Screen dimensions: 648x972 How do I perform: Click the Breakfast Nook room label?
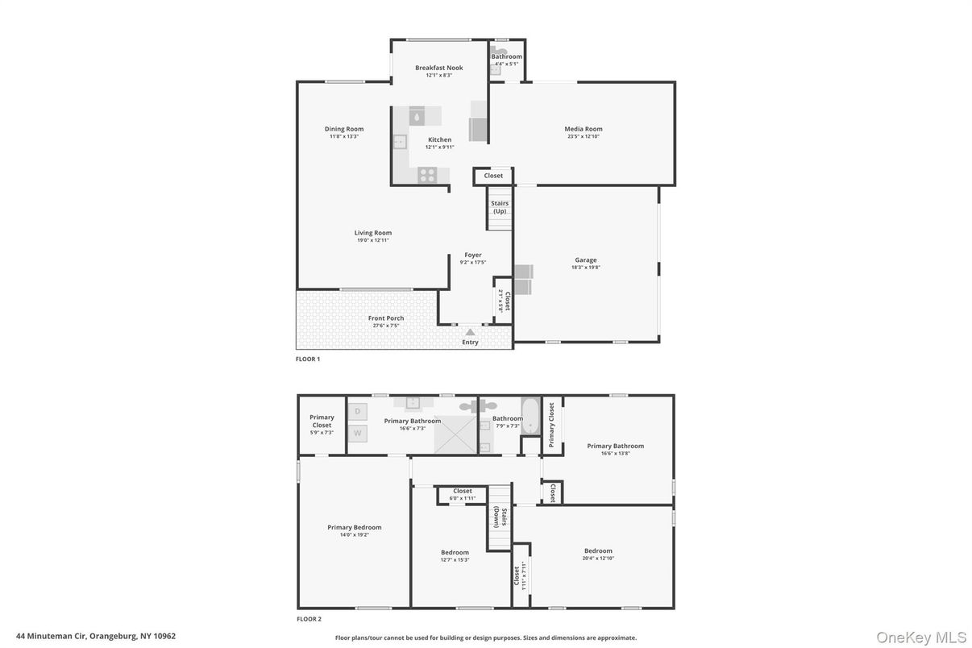tap(438, 68)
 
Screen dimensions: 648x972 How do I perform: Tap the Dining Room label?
tap(344, 129)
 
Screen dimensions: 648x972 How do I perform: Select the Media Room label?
tap(583, 129)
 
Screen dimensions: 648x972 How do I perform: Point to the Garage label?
tap(585, 260)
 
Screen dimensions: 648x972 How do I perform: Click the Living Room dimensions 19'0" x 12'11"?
tap(373, 240)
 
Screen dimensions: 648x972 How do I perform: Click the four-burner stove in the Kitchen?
tap(427, 173)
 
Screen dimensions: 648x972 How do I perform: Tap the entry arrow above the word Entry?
tap(470, 331)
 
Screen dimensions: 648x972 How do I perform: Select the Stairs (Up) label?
tap(500, 207)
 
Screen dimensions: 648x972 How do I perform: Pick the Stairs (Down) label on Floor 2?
tap(501, 516)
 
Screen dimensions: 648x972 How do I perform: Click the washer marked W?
tap(358, 433)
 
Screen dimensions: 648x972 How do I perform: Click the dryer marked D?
tap(358, 411)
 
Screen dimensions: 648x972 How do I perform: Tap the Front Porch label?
tap(386, 318)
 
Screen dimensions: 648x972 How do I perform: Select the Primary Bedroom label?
tap(354, 528)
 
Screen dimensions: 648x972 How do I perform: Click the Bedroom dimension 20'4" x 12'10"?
tap(598, 558)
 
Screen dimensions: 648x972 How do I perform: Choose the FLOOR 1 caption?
tap(308, 359)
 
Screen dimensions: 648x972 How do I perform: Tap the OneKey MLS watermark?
tap(921, 637)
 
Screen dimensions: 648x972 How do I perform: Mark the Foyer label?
tap(472, 255)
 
